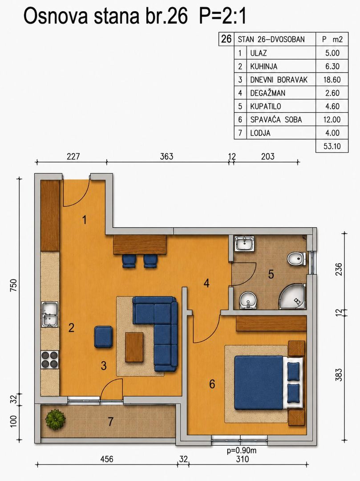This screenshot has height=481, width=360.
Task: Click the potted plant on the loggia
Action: tap(56, 420)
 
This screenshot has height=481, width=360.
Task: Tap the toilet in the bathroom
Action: tap(296, 259)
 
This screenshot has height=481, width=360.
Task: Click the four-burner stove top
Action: tap(50, 359)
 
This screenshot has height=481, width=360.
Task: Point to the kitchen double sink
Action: tap(50, 315)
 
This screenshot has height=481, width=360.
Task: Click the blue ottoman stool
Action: tap(103, 337)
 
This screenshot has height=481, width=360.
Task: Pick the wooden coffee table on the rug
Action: tap(134, 347)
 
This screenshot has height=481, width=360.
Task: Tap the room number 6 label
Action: tap(212, 384)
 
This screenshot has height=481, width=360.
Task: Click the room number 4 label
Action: tap(206, 283)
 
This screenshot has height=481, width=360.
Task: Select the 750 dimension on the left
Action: tap(14, 285)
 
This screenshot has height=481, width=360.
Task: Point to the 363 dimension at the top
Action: tap(166, 156)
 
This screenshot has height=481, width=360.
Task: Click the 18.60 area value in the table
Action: tap(332, 80)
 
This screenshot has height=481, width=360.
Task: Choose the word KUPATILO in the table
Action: tap(265, 106)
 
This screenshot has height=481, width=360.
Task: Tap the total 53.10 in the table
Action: tap(332, 146)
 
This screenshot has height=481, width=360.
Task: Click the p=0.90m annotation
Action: tap(242, 451)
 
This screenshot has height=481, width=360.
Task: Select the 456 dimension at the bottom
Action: tap(107, 459)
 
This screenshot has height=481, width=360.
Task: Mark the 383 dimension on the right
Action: tap(339, 375)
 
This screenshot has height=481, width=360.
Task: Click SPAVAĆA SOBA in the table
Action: tap(276, 119)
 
